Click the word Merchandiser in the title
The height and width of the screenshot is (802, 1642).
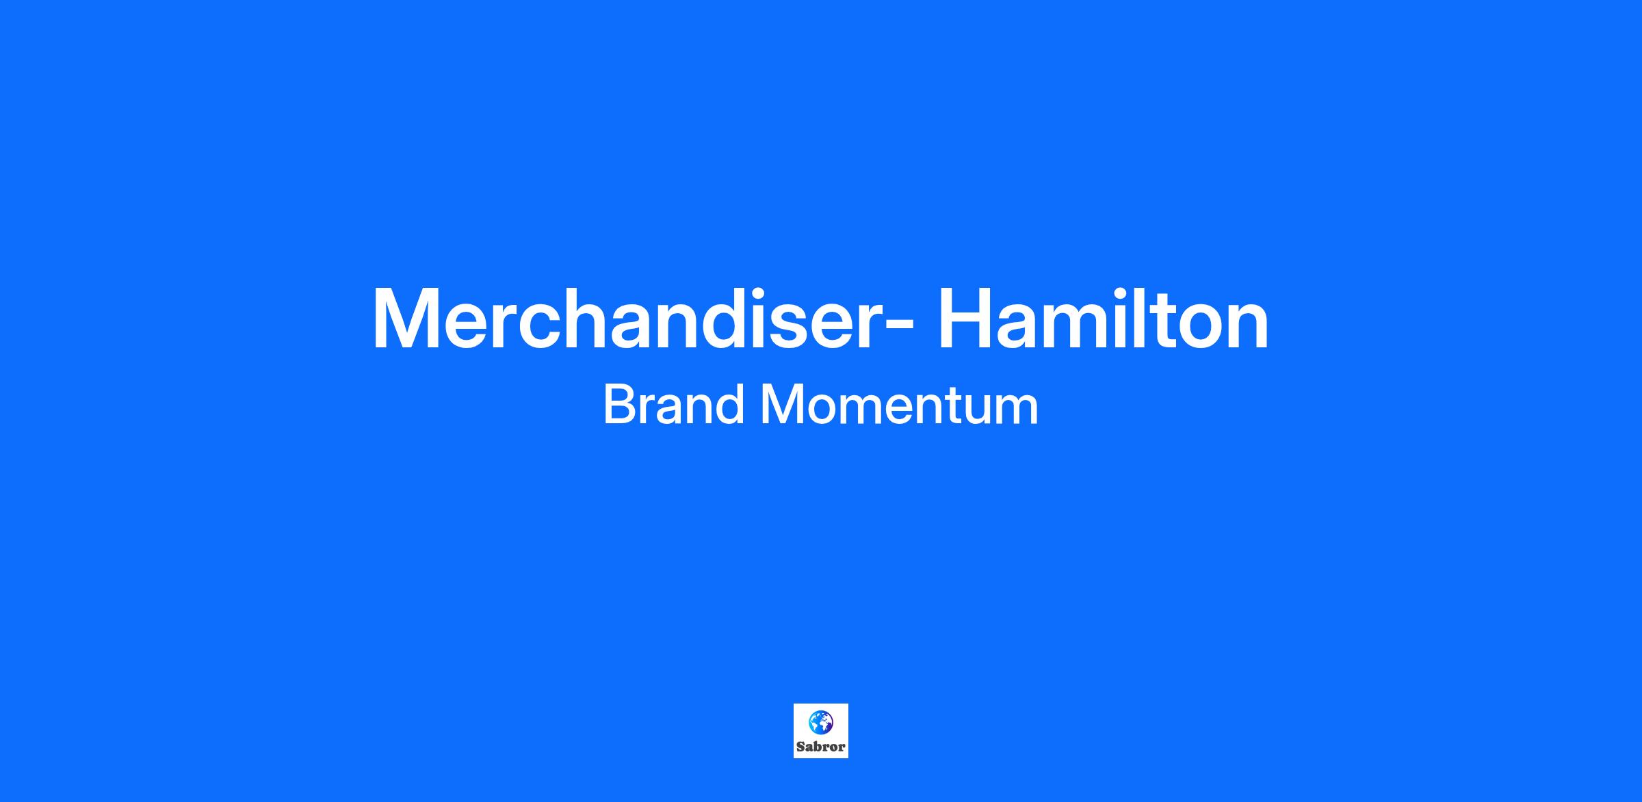click(x=631, y=319)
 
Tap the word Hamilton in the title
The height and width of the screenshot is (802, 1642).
click(x=1103, y=319)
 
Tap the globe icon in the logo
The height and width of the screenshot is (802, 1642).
click(x=820, y=722)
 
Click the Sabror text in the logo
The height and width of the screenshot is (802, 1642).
click(x=820, y=747)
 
